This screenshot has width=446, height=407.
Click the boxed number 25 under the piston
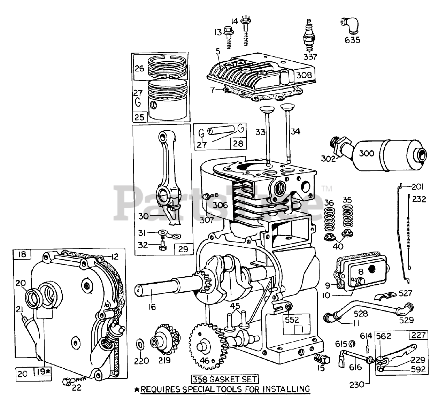139,117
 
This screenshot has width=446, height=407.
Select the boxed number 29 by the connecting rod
183,249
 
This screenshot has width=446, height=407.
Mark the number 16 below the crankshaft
152,307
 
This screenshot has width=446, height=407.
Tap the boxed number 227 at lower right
418,335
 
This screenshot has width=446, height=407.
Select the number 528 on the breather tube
361,314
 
